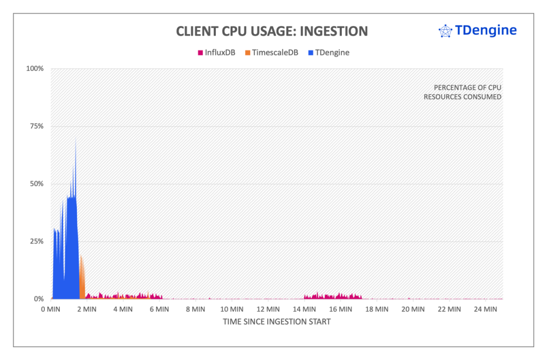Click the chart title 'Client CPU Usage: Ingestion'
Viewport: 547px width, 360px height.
272,32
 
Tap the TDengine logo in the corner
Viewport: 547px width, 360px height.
477,31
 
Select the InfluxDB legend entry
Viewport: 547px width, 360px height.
216,52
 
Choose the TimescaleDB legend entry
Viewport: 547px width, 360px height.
271,52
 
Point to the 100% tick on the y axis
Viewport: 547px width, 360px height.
35,69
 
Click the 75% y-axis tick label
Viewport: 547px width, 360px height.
36,127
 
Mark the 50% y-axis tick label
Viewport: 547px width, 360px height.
36,184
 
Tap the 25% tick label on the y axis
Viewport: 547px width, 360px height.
36,241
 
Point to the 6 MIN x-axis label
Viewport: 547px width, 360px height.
159,309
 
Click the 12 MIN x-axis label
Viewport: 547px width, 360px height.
267,309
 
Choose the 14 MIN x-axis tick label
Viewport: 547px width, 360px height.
303,309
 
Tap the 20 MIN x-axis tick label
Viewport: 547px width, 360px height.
412,309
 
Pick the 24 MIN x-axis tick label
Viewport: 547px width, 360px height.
485,309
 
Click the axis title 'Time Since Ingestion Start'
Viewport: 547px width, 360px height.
277,322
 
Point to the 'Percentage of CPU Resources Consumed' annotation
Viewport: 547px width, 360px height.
462,92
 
